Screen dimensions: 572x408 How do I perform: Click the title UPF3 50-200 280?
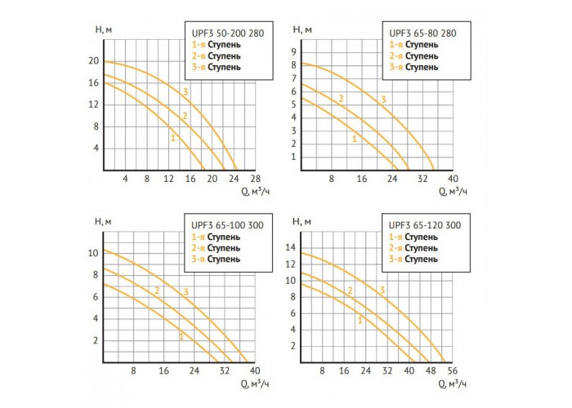pos(228,33)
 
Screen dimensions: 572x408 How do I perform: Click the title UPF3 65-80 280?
pos(422,33)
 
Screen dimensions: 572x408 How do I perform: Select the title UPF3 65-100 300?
pos(227,225)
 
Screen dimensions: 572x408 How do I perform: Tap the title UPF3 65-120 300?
pos(425,225)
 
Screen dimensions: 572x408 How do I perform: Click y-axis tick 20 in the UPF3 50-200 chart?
pos(94,61)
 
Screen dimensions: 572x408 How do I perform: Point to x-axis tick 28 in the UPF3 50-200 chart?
pos(256,179)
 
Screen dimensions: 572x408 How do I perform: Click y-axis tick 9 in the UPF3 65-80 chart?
pos(293,52)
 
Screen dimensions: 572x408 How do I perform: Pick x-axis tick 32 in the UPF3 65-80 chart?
pos(422,179)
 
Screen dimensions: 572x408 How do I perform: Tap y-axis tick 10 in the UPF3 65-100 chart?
pos(93,253)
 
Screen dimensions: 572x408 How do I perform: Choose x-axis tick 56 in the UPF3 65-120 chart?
pos(453,370)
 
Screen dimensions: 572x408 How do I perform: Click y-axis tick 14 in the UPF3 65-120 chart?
pos(291,248)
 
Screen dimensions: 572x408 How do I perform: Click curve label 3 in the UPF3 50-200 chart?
pos(185,91)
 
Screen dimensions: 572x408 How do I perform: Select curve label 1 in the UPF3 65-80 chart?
pos(355,139)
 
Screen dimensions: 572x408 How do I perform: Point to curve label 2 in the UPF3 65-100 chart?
pos(157,290)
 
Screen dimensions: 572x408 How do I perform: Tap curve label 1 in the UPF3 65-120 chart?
pos(360,321)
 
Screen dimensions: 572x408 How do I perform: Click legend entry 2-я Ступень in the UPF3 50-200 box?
pos(217,56)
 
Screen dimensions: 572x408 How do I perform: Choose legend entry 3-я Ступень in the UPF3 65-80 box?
pos(413,67)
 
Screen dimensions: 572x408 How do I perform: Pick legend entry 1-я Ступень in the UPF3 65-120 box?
pos(413,237)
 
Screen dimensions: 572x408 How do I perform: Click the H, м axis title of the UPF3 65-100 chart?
pos(103,221)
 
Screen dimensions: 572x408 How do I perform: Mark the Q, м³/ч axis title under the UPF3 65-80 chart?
pos(453,191)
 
